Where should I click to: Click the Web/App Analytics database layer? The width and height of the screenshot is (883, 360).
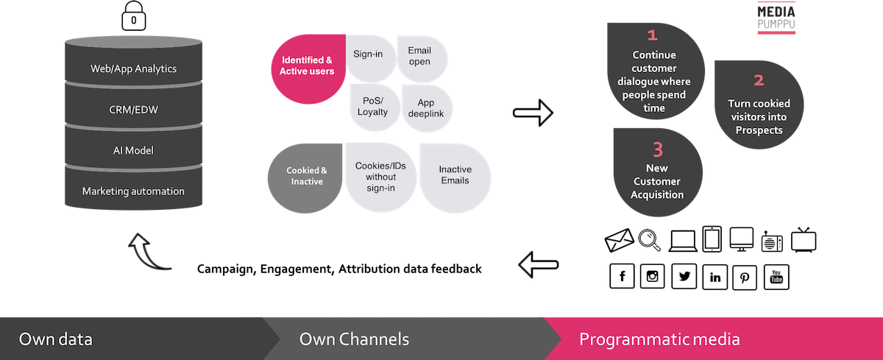[133, 68]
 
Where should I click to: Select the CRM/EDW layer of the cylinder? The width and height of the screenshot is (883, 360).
[133, 110]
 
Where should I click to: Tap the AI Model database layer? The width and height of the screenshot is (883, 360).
[133, 150]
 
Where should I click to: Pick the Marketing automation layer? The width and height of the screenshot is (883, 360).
[133, 191]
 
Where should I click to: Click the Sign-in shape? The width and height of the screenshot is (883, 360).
[371, 56]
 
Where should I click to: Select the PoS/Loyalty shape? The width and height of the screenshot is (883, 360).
[373, 107]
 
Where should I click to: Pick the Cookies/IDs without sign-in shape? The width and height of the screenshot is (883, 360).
[380, 177]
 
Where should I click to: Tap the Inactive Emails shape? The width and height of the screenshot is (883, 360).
[455, 175]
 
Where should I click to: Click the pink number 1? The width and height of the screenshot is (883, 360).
[651, 35]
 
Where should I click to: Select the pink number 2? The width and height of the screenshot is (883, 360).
[759, 81]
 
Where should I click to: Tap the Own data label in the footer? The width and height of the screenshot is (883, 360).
[56, 339]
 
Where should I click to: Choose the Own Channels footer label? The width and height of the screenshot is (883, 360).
[354, 339]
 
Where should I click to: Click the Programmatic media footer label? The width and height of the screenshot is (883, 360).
[659, 339]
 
